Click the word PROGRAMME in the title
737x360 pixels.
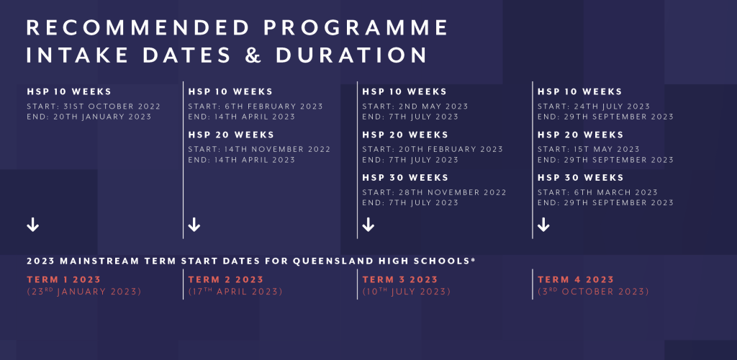click(356, 28)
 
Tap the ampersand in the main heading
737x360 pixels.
click(253, 55)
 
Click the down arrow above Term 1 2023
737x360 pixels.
click(33, 225)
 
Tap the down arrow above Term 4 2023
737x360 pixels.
click(543, 225)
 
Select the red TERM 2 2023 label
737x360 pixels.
click(225, 279)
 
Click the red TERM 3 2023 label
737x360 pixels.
click(400, 279)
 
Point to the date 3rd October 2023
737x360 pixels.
click(593, 292)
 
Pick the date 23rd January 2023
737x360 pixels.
click(84, 292)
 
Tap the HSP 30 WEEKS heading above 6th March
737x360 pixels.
click(581, 178)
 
